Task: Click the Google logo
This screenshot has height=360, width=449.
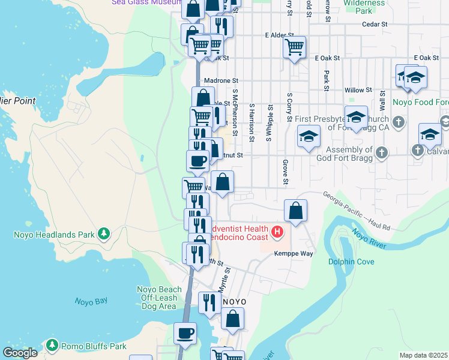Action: (x=20, y=353)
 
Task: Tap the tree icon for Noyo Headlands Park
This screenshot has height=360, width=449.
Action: (x=104, y=233)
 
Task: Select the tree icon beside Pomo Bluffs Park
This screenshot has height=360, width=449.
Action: (x=53, y=346)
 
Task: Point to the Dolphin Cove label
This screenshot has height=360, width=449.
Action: (x=351, y=262)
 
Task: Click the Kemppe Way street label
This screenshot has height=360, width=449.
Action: (x=294, y=254)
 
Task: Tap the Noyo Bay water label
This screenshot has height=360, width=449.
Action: (x=91, y=302)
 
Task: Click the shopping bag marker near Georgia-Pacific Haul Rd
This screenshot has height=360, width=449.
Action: (x=295, y=211)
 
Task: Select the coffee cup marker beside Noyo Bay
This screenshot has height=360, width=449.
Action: (x=185, y=332)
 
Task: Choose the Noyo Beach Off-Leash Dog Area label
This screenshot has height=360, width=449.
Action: (x=159, y=298)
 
